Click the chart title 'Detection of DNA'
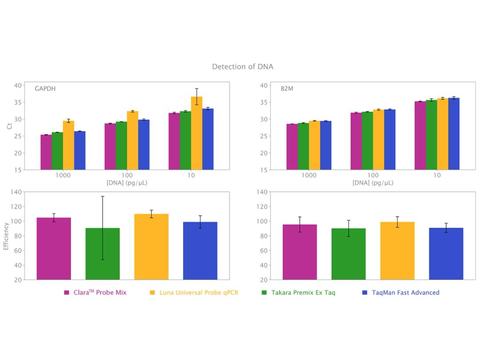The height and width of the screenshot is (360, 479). [242, 67]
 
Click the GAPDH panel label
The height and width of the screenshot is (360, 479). [45, 89]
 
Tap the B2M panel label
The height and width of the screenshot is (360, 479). [287, 89]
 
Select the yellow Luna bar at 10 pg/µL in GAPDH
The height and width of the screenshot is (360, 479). [196, 133]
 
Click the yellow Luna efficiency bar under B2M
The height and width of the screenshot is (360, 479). [397, 251]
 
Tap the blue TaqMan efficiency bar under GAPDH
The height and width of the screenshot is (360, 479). [200, 251]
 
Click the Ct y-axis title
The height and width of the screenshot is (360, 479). [9, 126]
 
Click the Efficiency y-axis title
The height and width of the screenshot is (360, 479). [6, 236]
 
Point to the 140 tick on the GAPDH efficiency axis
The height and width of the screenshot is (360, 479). [16, 192]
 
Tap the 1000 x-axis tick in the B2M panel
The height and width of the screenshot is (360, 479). [309, 175]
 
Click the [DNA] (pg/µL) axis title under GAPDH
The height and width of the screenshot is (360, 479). [127, 183]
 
